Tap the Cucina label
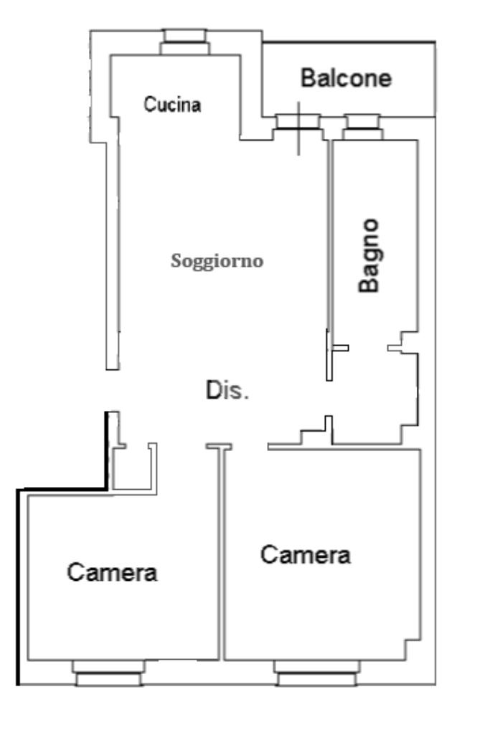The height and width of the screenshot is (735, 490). [x=172, y=105]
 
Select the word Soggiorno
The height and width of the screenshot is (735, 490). [x=217, y=261]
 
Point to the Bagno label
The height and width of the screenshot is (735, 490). [x=370, y=255]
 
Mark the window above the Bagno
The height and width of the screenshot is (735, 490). [x=364, y=127]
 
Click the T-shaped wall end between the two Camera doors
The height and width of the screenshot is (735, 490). [x=219, y=447]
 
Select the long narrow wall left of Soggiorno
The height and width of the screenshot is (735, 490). [x=111, y=251]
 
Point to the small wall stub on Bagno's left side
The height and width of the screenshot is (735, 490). [x=340, y=348]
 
